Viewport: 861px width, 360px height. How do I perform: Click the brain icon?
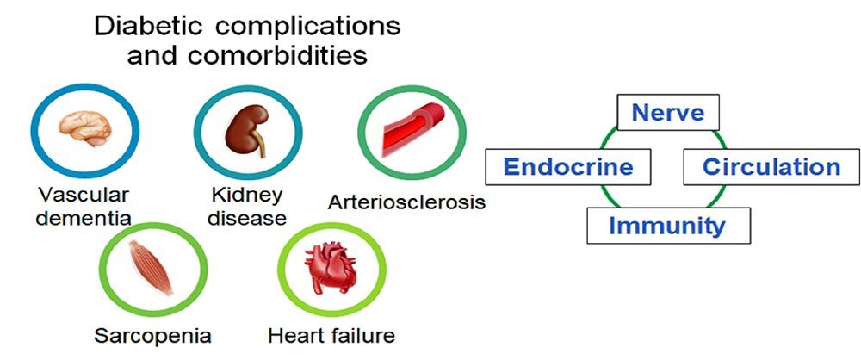point(85,128)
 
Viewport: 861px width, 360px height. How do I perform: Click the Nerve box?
point(668,113)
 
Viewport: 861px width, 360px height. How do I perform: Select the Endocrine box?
point(568,167)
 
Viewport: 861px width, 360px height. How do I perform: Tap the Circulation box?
point(771,167)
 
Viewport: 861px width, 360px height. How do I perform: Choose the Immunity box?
point(668,226)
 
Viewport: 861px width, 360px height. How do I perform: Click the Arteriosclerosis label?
point(407,202)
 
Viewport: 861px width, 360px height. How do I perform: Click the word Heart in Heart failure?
point(294,335)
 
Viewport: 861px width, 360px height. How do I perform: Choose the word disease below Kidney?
point(248,218)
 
